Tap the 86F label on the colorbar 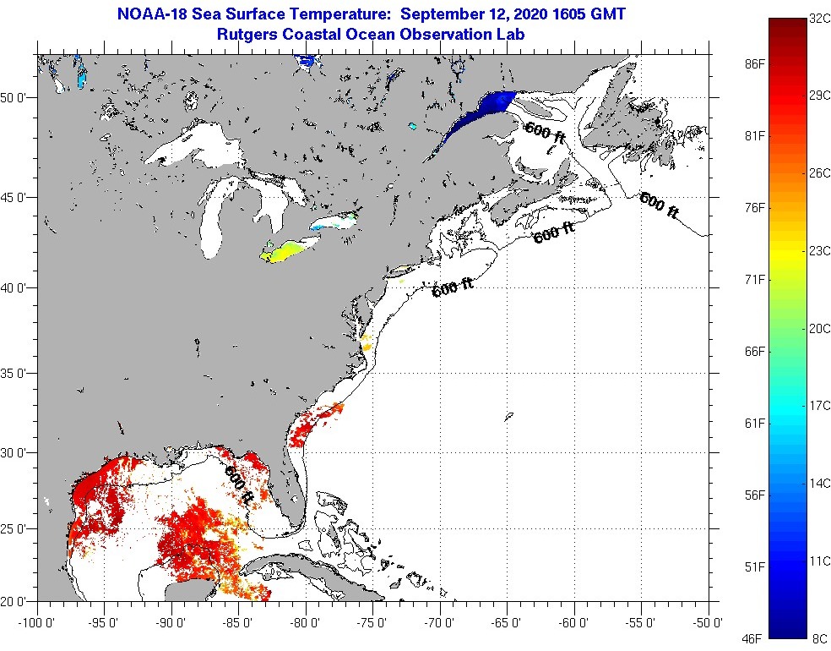point(754,64)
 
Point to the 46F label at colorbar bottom point(754,637)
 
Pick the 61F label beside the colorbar point(754,423)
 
